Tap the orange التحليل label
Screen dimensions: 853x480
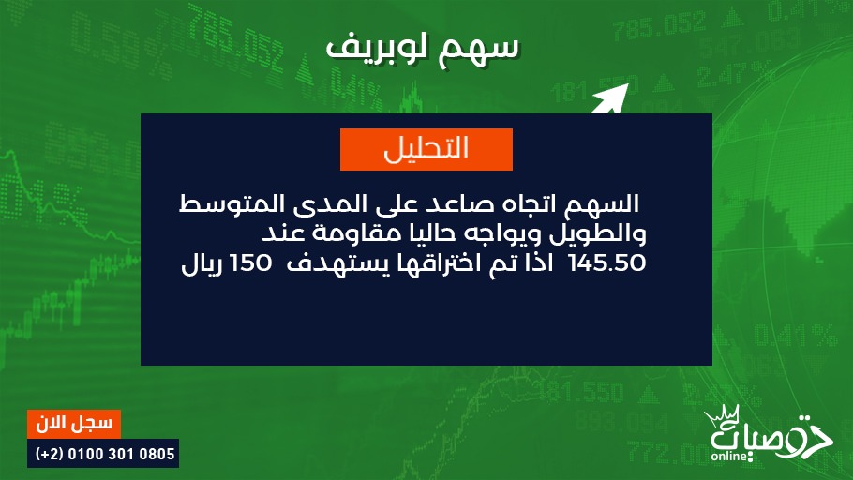426,149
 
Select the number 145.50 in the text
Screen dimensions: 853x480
606,263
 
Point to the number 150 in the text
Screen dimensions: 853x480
250,263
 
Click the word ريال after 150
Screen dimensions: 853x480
202,265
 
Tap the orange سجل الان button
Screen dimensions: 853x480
74,424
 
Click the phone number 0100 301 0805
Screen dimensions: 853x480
121,454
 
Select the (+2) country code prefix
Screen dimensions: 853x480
50,454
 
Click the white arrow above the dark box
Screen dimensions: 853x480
611,98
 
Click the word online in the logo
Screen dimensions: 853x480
729,456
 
